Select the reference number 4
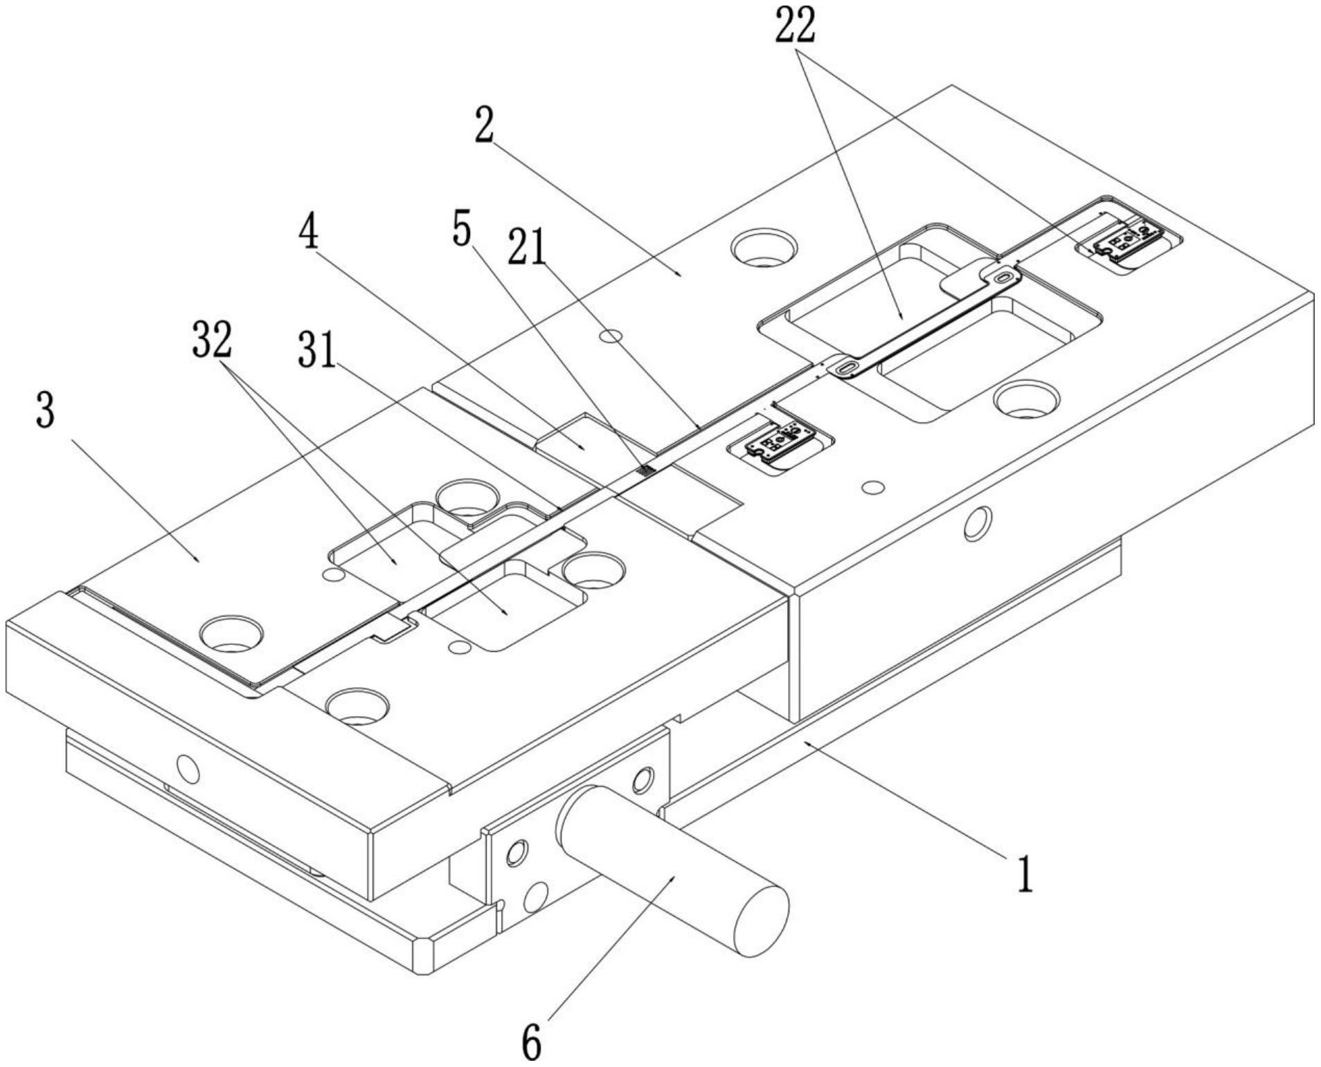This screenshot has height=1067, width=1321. (309, 232)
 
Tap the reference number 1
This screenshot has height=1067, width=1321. (1025, 873)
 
